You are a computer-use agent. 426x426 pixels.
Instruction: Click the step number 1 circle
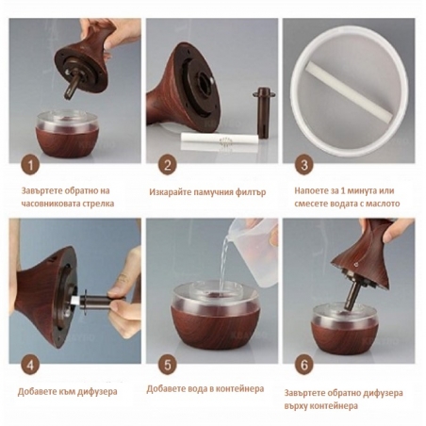click(30, 165)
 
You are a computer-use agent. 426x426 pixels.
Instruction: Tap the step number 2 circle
click(168, 165)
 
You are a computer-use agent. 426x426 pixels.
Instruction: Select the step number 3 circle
click(304, 165)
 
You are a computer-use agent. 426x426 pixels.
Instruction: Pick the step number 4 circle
click(30, 366)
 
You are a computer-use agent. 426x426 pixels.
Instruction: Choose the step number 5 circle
click(168, 366)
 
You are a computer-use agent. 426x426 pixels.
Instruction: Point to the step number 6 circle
click(304, 366)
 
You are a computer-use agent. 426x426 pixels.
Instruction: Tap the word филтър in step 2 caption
click(251, 192)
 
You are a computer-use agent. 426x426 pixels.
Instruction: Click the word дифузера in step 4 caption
click(97, 392)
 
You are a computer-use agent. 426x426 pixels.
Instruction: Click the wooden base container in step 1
click(67, 134)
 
